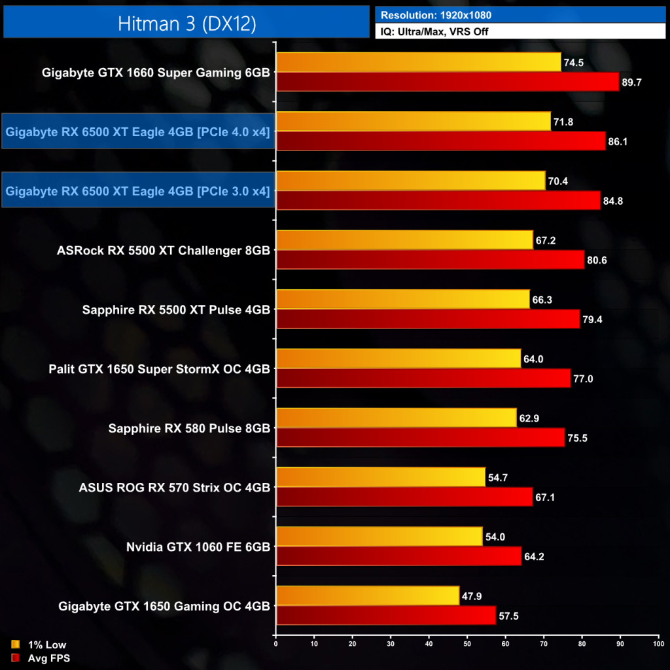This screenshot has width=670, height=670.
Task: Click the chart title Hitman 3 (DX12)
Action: [x=186, y=23]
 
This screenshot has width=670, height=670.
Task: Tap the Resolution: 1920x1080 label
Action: [x=436, y=14]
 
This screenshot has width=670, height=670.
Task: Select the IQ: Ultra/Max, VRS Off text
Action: [x=434, y=31]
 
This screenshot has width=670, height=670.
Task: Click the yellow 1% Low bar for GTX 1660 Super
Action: [x=419, y=62]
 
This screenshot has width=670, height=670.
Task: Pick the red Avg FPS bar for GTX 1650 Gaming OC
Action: [x=386, y=615]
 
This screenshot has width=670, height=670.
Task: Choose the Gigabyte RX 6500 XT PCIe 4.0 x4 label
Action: [x=137, y=132]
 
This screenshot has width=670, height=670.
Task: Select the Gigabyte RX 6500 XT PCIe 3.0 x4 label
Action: [x=137, y=191]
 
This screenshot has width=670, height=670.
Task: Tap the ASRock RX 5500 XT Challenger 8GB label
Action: [x=164, y=250]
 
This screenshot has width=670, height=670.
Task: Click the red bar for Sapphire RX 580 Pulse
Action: [x=420, y=437]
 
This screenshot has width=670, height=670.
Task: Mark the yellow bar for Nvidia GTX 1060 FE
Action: [x=379, y=537]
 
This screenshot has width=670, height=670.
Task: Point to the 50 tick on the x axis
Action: [x=467, y=644]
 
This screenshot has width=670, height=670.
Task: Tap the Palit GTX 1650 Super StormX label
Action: [x=159, y=368]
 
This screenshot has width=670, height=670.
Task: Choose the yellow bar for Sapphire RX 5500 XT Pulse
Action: [x=403, y=299]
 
